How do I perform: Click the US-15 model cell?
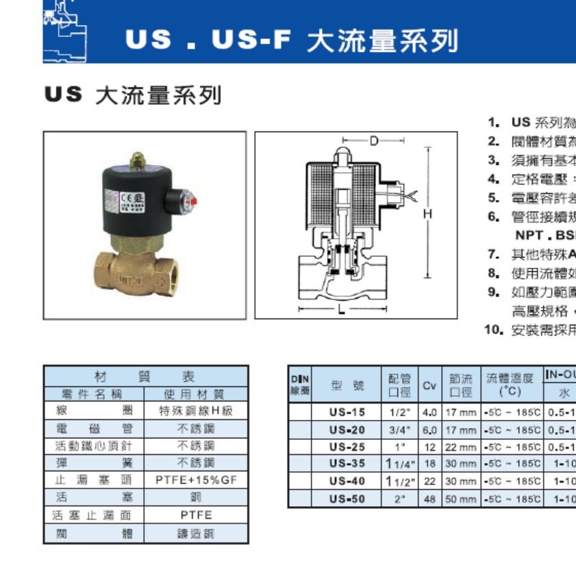[x=347, y=412]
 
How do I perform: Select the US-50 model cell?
[x=347, y=499]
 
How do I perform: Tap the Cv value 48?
[x=429, y=499]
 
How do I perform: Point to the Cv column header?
[x=429, y=386]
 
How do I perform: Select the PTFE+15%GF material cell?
[x=196, y=480]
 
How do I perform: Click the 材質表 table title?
[x=145, y=376]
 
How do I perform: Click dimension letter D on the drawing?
[x=374, y=141]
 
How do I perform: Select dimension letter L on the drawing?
[x=341, y=309]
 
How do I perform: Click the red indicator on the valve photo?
[x=194, y=201]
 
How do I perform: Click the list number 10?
[x=491, y=330]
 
